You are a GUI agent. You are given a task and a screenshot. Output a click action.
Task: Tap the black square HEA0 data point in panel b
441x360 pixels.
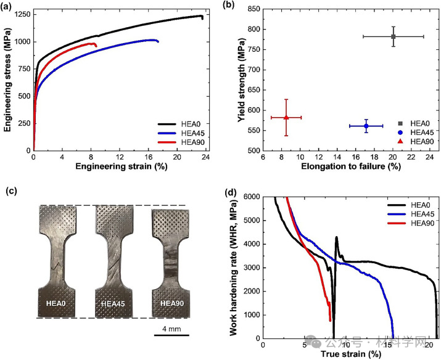pyautogui.click(x=393, y=36)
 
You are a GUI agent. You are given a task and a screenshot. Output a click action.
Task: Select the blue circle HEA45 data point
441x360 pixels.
pyautogui.click(x=366, y=126)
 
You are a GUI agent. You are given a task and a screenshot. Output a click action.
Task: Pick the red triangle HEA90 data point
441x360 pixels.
pyautogui.click(x=286, y=117)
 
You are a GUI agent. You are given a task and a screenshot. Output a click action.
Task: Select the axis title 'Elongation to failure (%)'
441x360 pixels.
pyautogui.click(x=336, y=167)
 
